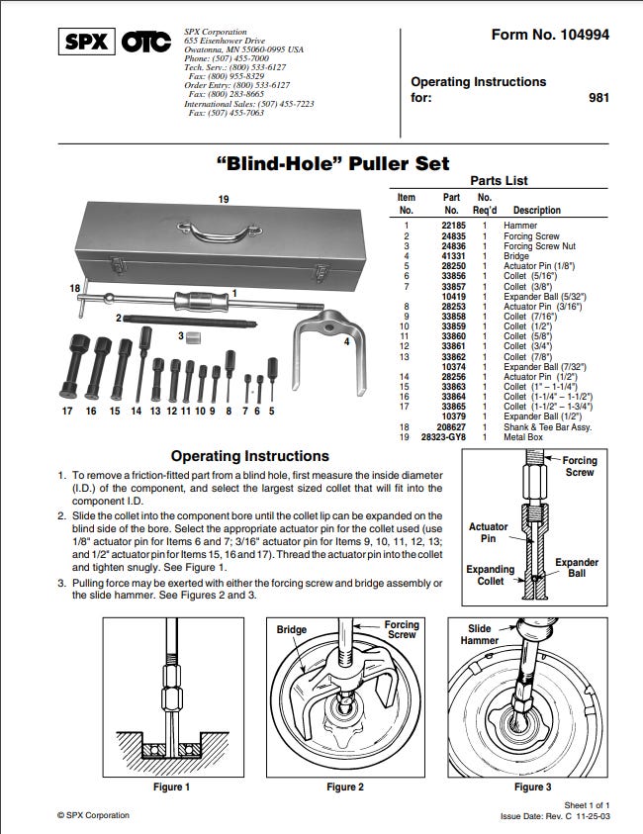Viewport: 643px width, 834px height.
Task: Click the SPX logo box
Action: tap(87, 42)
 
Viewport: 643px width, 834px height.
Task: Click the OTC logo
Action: tap(146, 42)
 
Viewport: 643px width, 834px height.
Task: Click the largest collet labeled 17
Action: tap(73, 366)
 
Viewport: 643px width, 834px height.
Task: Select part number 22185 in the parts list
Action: tap(453, 226)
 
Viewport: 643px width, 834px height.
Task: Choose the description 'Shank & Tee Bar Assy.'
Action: tap(548, 427)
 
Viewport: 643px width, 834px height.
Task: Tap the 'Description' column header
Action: tap(536, 210)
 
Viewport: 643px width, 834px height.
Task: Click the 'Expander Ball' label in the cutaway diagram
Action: tap(577, 568)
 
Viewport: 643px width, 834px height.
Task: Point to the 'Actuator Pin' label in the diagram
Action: tap(488, 532)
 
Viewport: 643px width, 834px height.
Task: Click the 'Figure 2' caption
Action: tap(345, 788)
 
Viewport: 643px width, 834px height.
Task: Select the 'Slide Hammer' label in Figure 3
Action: tap(479, 634)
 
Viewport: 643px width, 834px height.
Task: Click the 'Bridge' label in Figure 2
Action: tap(292, 630)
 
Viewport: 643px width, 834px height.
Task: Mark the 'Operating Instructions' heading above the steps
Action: tap(250, 456)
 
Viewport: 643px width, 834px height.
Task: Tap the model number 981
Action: tap(598, 98)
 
